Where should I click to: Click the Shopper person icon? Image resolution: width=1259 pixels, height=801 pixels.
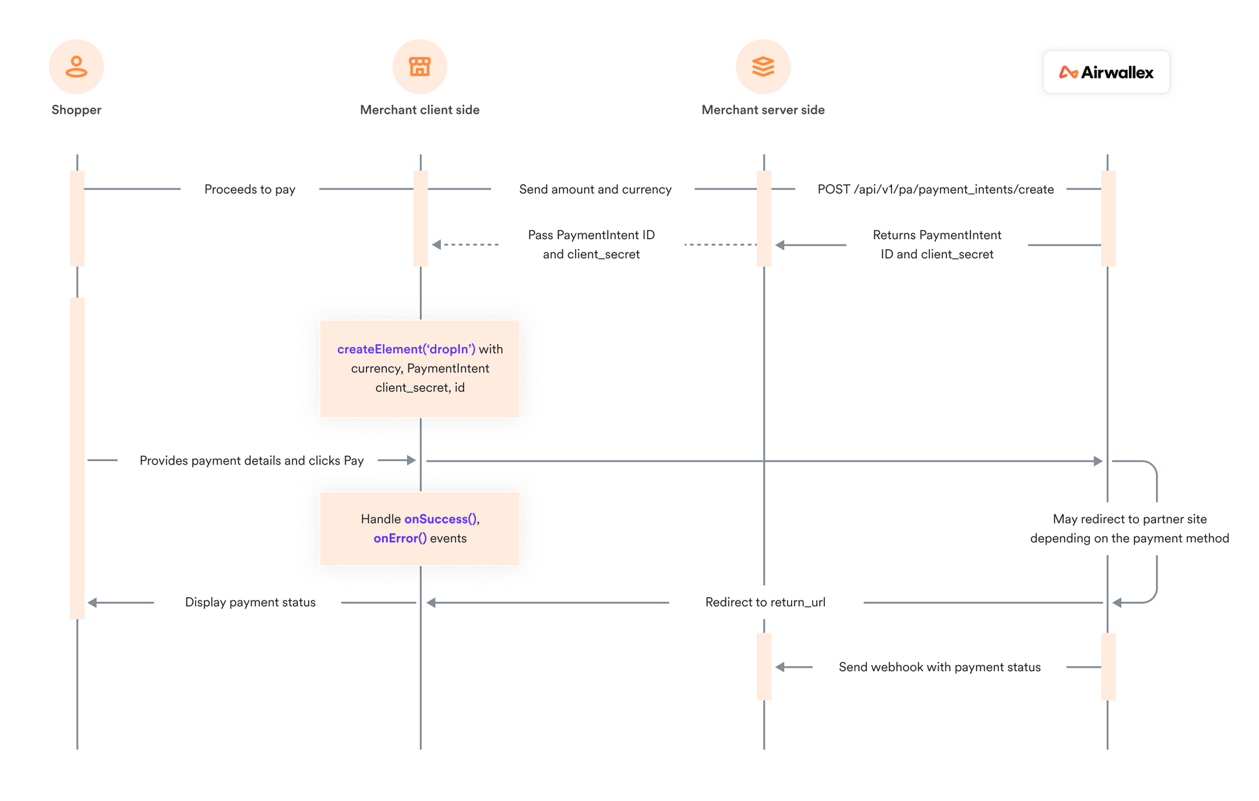77,66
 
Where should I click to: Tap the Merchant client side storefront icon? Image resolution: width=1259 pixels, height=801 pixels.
420,66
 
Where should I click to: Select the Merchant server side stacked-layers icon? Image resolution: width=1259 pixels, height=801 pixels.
763,66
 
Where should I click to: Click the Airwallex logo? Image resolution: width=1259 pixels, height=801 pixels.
1107,72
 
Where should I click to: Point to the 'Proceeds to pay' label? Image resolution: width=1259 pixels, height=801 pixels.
250,190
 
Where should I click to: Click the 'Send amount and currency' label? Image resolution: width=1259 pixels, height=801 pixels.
595,190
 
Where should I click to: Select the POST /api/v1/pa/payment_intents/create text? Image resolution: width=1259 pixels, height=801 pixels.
935,190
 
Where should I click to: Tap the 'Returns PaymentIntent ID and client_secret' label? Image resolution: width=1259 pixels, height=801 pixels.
937,244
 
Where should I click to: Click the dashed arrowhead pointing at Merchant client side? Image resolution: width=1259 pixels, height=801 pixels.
437,244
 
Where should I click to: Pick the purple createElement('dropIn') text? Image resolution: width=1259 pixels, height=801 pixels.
406,349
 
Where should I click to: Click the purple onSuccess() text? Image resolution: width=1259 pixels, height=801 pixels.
440,519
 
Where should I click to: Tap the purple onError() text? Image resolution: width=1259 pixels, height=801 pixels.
400,538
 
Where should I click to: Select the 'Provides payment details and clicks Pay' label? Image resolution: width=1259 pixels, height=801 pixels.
251,460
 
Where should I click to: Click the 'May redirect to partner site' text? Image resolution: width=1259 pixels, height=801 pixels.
1130,519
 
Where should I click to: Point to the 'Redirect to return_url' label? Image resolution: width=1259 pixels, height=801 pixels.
765,603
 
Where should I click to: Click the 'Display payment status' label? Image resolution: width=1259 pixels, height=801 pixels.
250,603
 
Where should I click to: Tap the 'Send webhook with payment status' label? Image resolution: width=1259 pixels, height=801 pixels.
939,668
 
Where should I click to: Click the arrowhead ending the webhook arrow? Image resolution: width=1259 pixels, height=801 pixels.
780,668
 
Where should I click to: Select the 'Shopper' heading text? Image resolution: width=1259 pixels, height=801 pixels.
77,110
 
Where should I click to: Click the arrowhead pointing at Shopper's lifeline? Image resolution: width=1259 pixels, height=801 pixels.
93,603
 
